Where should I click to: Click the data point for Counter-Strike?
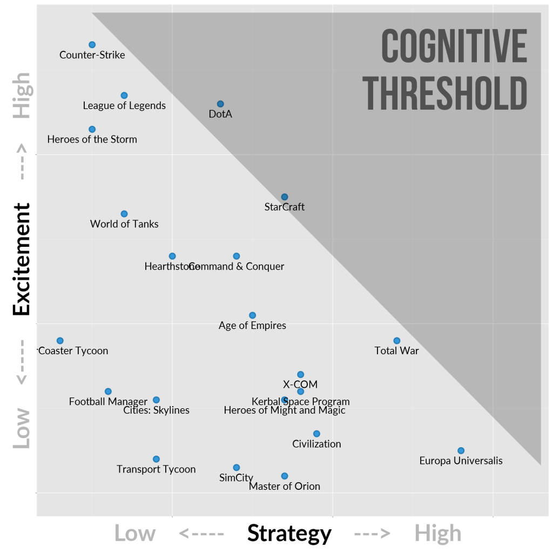92,45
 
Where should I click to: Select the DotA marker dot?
220,104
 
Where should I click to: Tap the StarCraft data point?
285,197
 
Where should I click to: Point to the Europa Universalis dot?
461,450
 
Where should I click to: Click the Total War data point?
397,341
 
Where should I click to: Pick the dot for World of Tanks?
124,214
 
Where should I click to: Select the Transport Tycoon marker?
156,459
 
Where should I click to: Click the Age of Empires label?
252,326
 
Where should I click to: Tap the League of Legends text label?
124,106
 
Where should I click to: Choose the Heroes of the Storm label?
92,139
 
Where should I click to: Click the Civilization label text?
316,444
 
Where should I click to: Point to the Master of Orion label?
285,487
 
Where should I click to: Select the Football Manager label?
108,402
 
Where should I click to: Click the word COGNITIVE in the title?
454,46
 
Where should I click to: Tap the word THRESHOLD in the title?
446,93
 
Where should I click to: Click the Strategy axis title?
289,534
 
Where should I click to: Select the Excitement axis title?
22,259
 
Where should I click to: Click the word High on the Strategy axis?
438,534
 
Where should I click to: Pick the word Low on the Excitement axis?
22,428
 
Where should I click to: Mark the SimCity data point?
237,468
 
